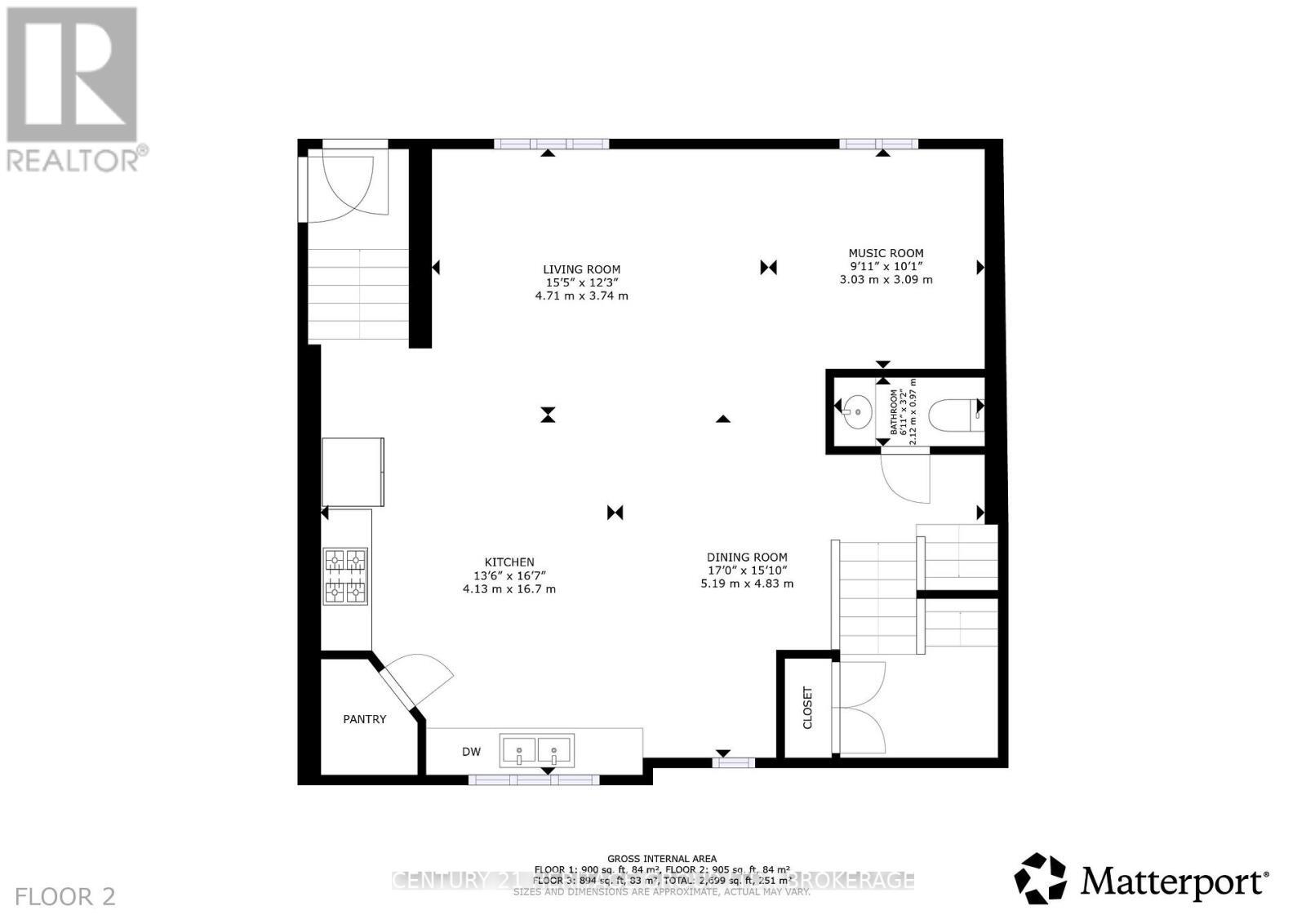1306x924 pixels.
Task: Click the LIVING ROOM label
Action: click(x=581, y=269)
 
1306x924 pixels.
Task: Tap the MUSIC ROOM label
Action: click(x=886, y=253)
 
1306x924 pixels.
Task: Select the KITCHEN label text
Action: click(x=509, y=562)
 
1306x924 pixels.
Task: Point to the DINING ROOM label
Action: click(x=747, y=558)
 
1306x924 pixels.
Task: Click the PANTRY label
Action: click(x=364, y=719)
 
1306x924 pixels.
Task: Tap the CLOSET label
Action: click(x=808, y=707)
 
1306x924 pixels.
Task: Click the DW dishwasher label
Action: click(x=472, y=752)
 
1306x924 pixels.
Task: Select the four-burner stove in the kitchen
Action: click(x=346, y=575)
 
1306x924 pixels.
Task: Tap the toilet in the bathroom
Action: click(x=955, y=411)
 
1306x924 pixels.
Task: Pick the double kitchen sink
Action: click(x=536, y=749)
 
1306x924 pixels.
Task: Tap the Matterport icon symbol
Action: click(x=1040, y=878)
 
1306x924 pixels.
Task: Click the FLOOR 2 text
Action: click(x=65, y=896)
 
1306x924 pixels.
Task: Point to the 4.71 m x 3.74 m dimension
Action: click(x=581, y=295)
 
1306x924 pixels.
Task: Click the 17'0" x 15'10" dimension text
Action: click(x=747, y=571)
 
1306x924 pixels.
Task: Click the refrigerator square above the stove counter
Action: click(x=353, y=472)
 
